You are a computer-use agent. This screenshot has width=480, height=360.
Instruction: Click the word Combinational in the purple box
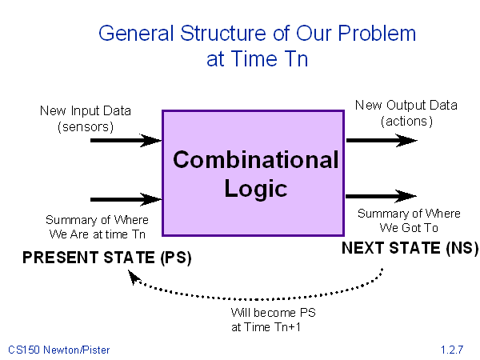coord(256,159)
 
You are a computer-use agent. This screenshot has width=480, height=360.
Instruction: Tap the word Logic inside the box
coord(256,190)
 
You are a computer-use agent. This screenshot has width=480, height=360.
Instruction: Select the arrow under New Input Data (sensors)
coord(126,141)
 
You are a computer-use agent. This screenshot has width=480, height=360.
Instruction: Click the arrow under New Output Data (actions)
coord(382,141)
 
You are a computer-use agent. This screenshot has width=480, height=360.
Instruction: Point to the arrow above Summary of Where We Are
coord(126,199)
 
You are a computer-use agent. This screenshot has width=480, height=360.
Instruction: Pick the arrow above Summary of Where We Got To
coord(381,196)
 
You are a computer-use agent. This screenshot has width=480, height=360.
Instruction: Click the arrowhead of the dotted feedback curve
coord(134,277)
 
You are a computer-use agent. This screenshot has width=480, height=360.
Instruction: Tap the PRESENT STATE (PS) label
coord(107,258)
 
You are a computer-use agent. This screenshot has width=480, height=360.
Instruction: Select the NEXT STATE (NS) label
coord(410,248)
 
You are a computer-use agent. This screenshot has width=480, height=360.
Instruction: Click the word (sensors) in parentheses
coord(86,126)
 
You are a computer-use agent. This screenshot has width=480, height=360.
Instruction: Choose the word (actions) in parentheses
coord(407,122)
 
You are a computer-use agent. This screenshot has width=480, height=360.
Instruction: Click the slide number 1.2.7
coord(452,350)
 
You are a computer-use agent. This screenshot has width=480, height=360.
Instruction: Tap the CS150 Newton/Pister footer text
coord(58,350)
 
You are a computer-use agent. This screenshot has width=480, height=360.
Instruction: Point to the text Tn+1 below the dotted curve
coord(287,327)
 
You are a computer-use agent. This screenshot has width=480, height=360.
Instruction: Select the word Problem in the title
coord(377,33)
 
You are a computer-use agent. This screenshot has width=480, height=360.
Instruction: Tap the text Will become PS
coord(273,313)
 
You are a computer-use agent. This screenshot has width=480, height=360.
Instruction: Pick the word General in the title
coord(136,33)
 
